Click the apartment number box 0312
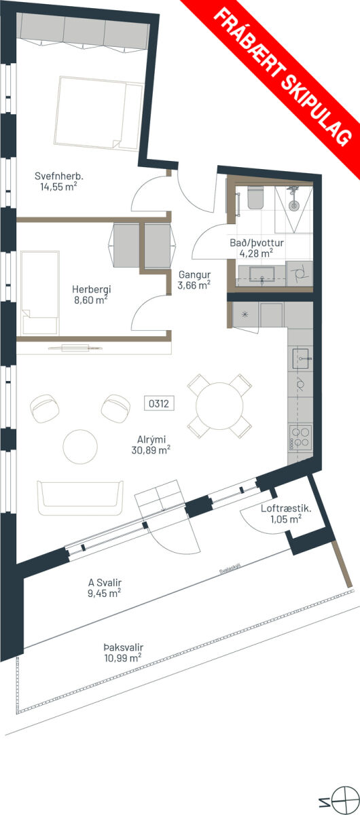[159, 403]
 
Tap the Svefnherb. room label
[59, 177]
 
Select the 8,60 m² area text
[91, 300]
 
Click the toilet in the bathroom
[255, 198]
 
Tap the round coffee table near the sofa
[80, 447]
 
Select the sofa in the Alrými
[80, 498]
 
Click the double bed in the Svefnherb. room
[98, 113]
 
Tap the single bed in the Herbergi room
[39, 293]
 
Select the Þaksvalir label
[123, 647]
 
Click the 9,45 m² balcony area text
[105, 593]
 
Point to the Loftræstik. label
[286, 508]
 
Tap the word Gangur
[194, 275]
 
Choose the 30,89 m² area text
[151, 450]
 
